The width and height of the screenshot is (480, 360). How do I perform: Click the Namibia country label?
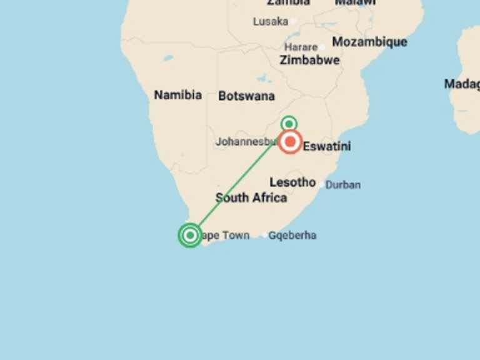[177, 95]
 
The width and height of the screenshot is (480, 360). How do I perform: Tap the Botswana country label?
[246, 96]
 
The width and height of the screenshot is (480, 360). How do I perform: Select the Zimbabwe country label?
[309, 60]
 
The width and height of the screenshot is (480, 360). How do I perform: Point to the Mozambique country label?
[369, 42]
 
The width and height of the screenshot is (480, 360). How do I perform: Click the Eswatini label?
[327, 147]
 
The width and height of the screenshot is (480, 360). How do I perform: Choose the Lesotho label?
[292, 182]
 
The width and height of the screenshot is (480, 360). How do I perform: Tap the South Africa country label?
[251, 198]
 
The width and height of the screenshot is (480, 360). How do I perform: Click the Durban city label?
[343, 185]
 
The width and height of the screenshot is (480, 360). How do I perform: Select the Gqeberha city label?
[292, 236]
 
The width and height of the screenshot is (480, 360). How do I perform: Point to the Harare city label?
[301, 47]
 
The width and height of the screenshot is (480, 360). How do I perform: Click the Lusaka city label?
[271, 21]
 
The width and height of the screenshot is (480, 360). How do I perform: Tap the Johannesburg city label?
[246, 142]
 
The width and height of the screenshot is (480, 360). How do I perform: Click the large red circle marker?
[290, 142]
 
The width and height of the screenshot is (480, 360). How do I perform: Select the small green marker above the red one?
[288, 123]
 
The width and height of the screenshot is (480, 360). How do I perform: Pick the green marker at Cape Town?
[190, 236]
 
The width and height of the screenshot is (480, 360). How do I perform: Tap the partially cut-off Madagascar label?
[462, 84]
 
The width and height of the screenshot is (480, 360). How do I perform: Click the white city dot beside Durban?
[322, 185]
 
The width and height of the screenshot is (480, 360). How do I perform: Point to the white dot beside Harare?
[322, 47]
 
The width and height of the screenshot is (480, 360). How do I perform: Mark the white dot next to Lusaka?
[292, 21]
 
